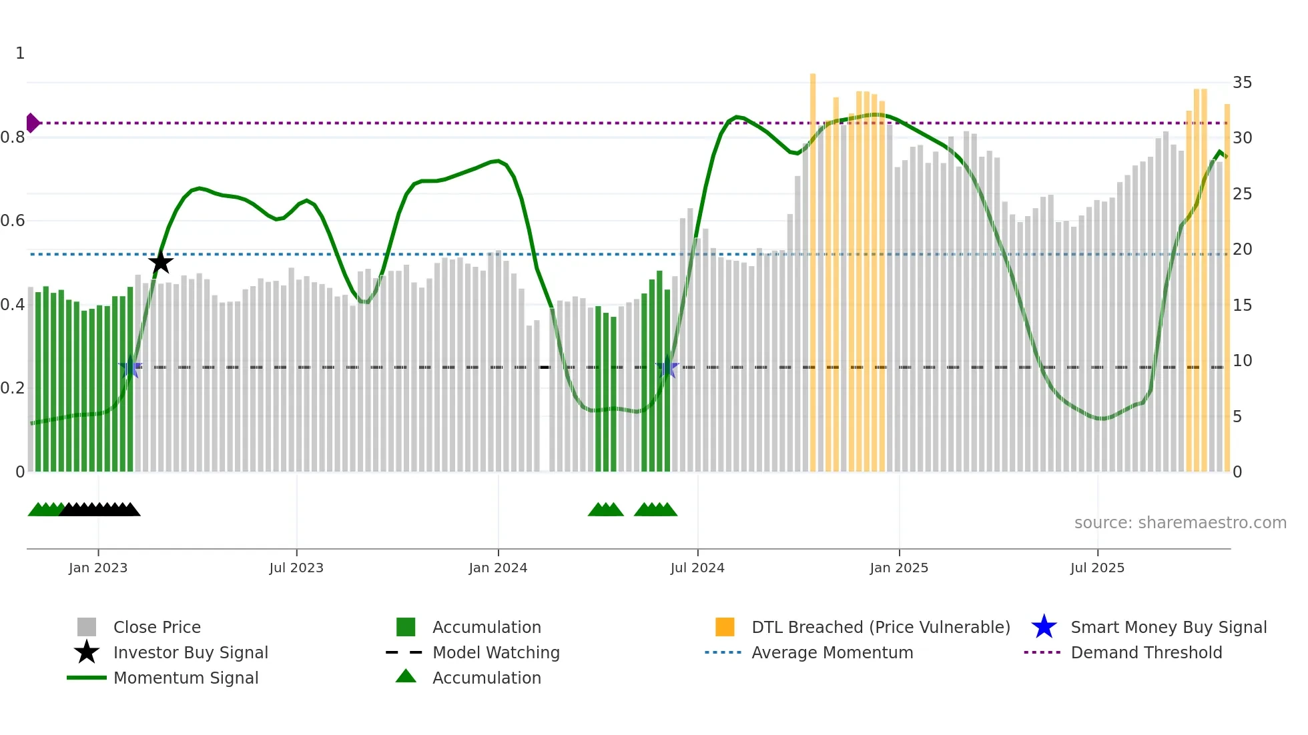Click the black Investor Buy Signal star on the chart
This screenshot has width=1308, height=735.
[x=160, y=262]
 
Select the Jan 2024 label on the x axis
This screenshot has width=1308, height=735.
[x=498, y=568]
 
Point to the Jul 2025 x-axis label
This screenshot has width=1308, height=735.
[x=1097, y=568]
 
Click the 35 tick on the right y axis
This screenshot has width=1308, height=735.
[x=1242, y=83]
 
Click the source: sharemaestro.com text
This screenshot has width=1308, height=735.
[x=1180, y=522]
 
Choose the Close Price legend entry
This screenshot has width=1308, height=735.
[x=157, y=627]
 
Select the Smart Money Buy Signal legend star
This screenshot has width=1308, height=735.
[x=1044, y=627]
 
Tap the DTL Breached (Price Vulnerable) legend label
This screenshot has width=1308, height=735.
[x=880, y=627]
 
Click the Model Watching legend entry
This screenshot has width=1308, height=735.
[x=495, y=652]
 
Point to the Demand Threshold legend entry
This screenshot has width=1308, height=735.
[x=1146, y=652]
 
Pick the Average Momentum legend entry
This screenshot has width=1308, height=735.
[x=832, y=652]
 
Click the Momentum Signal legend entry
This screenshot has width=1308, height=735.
[x=186, y=678]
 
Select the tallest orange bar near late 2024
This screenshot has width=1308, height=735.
[x=813, y=267]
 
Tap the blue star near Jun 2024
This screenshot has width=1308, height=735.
[x=667, y=367]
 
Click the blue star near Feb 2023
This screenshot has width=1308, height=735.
[x=130, y=367]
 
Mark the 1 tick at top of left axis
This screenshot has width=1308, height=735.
[x=20, y=53]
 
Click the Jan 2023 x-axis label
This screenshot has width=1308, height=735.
[x=98, y=568]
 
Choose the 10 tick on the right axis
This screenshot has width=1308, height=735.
[x=1242, y=361]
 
